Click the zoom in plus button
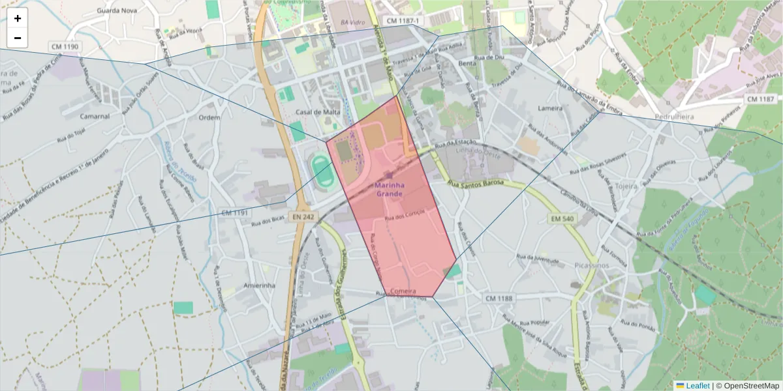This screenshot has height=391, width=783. pos(18,18)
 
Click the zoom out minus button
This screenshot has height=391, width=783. pos(18,38)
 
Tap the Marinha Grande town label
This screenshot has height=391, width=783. pos(390,189)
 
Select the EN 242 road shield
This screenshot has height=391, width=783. pos(304,217)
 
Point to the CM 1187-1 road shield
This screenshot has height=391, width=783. pos(401,21)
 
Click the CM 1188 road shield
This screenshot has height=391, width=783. pos(499,298)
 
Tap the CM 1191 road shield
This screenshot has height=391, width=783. pos(235,212)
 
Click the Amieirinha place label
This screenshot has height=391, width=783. pos(259,285)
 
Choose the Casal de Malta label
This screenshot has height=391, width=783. pos(318,112)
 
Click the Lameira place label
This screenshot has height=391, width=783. pos(550,108)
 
